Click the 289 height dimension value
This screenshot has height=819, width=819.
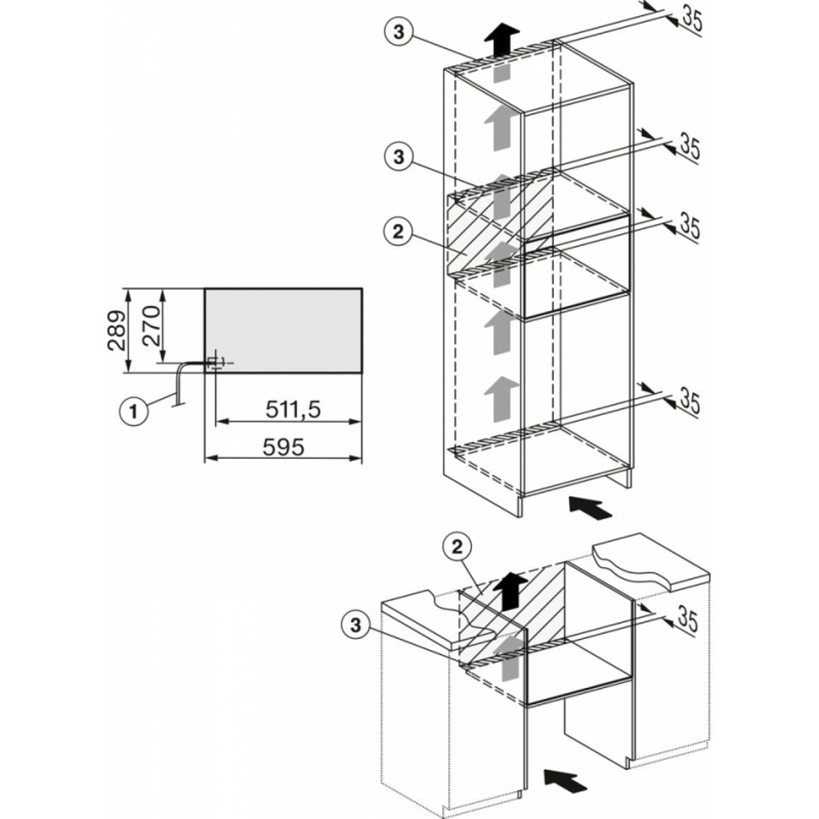[x=116, y=331]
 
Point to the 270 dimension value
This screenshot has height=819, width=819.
[x=151, y=326]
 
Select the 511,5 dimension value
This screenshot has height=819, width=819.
[x=293, y=409]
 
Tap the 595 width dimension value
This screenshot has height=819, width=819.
[x=283, y=447]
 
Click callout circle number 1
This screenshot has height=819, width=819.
[x=134, y=411]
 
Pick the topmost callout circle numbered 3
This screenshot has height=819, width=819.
[x=399, y=33]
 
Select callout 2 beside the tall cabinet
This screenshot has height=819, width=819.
[x=399, y=232]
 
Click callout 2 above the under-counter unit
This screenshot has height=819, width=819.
[x=457, y=547]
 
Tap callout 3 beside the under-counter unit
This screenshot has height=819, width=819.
[x=356, y=624]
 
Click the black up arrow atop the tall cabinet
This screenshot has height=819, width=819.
[x=502, y=40]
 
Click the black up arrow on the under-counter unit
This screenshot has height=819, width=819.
[x=510, y=592]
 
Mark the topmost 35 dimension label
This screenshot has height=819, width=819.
[x=691, y=19]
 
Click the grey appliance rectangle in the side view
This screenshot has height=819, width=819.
[x=283, y=330]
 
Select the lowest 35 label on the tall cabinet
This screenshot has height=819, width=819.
[x=689, y=400]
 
